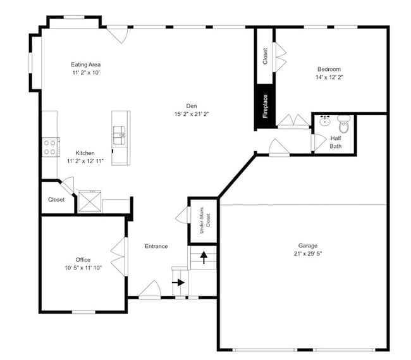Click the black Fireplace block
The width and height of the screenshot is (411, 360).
coord(264,106)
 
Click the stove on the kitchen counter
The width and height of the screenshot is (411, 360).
coord(49,147)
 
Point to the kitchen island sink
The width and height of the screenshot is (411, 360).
coord(120,133)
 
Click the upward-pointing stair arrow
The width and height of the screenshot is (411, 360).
coord(204,257)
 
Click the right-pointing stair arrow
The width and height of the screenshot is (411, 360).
coord(179,283)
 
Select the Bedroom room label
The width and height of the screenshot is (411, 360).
coord(329,70)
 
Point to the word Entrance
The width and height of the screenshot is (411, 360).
coord(156,246)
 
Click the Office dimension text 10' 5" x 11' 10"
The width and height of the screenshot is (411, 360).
coord(83,268)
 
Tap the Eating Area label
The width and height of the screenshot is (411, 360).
coord(85,65)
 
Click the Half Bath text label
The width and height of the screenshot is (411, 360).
coord(336,142)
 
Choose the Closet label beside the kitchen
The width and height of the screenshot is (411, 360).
coord(56,200)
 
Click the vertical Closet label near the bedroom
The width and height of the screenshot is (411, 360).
coord(264,56)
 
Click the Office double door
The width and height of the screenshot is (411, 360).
coord(119,256)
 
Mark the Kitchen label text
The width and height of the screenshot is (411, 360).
coord(85,153)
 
